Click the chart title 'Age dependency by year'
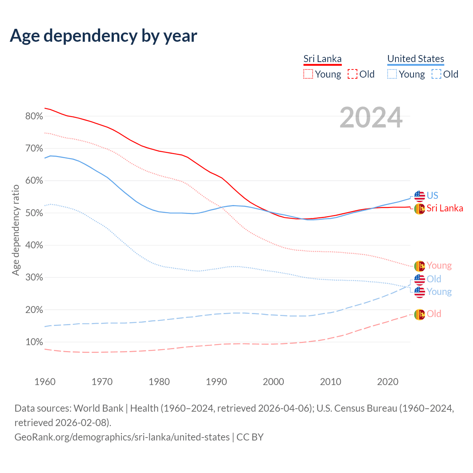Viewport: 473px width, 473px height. click(103, 36)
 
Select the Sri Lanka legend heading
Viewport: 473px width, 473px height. click(322, 59)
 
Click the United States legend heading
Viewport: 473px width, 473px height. click(415, 59)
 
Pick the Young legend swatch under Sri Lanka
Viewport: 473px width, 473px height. click(308, 74)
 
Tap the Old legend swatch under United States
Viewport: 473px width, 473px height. click(436, 74)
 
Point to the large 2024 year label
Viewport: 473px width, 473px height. click(371, 118)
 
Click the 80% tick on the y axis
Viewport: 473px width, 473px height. click(34, 116)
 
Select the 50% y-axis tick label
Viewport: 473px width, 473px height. click(34, 213)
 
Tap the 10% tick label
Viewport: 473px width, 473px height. click(34, 342)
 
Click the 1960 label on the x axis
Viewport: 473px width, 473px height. click(45, 382)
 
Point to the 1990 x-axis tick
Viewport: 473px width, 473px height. click(216, 382)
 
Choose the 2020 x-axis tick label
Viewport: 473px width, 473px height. click(388, 382)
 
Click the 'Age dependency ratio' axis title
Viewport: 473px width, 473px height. click(16, 230)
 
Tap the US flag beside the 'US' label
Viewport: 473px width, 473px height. click(419, 196)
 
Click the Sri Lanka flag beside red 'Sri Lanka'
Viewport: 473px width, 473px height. click(419, 209)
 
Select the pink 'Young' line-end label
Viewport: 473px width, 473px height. click(439, 265)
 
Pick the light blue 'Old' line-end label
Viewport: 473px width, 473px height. click(434, 279)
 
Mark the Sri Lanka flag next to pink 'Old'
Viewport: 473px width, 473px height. click(419, 314)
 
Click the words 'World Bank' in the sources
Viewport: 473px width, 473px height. click(98, 408)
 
